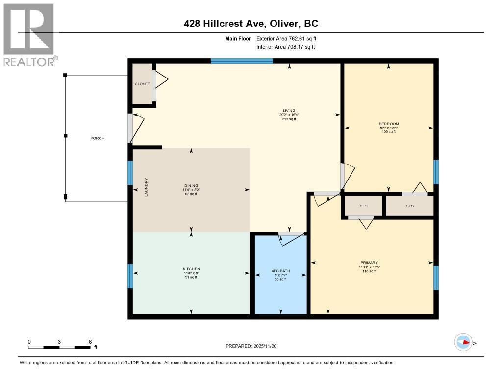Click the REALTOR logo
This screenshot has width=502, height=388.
pyautogui.click(x=29, y=34)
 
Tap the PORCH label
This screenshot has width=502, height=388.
pyautogui.click(x=98, y=138)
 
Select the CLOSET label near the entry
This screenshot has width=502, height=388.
pyautogui.click(x=142, y=84)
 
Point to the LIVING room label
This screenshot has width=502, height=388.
pyautogui.click(x=289, y=111)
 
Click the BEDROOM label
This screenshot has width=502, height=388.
pyautogui.click(x=389, y=124)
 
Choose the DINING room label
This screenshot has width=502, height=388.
pyautogui.click(x=191, y=186)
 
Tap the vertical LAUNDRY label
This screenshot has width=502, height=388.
pyautogui.click(x=146, y=187)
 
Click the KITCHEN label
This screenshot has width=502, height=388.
pyautogui.click(x=191, y=269)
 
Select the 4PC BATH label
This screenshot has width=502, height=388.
pyautogui.click(x=281, y=271)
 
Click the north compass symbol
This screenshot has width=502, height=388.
pyautogui.click(x=463, y=342)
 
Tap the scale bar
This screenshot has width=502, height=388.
pyautogui.click(x=59, y=347)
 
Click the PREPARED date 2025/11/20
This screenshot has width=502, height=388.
pyautogui.click(x=254, y=346)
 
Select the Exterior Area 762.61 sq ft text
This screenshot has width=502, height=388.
pyautogui.click(x=290, y=38)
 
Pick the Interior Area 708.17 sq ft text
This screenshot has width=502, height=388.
pyautogui.click(x=285, y=47)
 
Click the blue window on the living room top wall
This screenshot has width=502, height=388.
pyautogui.click(x=242, y=61)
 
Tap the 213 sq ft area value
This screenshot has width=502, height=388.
pyautogui.click(x=289, y=119)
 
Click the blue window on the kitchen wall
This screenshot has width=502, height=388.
pyautogui.click(x=130, y=276)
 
